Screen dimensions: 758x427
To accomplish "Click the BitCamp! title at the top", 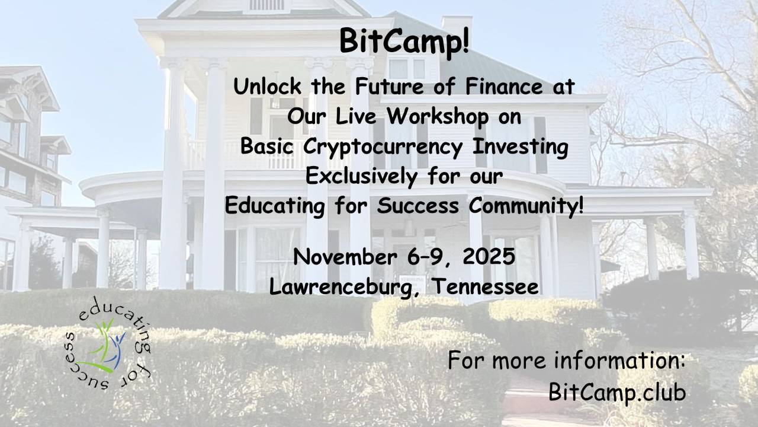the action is pyautogui.click(x=404, y=42).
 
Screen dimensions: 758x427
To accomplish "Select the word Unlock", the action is pyautogui.click(x=267, y=87).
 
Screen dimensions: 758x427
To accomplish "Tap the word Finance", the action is pyautogui.click(x=504, y=87).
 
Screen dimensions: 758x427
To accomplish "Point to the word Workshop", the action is pyautogui.click(x=438, y=116).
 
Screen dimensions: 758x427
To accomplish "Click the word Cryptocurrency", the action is pyautogui.click(x=383, y=147).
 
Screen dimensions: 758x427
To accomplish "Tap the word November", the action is pyautogui.click(x=345, y=257).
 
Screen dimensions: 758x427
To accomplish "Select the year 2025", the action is pyautogui.click(x=489, y=257).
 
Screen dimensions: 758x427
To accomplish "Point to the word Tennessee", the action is pyautogui.click(x=486, y=286).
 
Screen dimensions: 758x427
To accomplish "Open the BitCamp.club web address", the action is pyautogui.click(x=617, y=393).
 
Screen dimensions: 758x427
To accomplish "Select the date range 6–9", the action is pyautogui.click(x=428, y=257).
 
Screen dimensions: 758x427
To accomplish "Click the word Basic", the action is pyautogui.click(x=266, y=146).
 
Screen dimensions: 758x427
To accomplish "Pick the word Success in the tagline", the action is pyautogui.click(x=418, y=206).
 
